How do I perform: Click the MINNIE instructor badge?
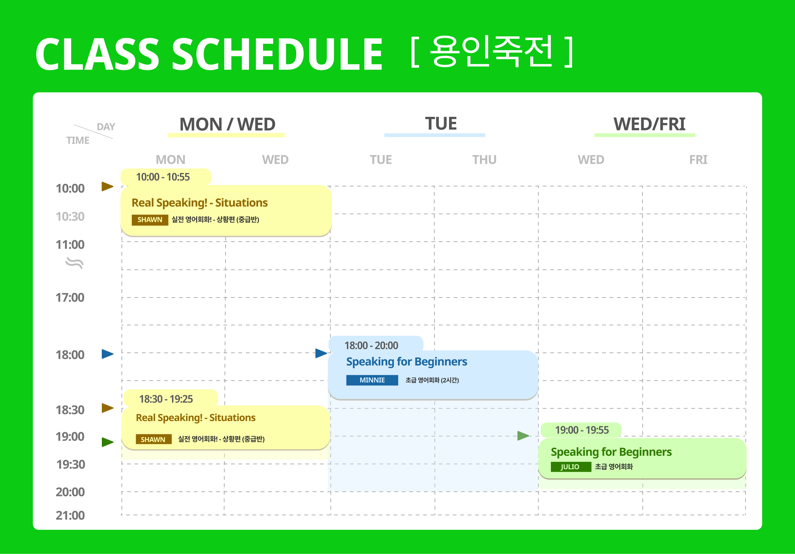point(372,380)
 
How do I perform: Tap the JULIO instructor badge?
point(571,466)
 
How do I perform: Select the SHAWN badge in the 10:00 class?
point(150,220)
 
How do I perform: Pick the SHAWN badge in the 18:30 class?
point(153,439)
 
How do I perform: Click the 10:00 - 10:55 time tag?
point(165,177)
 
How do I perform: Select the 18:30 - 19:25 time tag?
point(170,398)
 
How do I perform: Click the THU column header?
point(485,160)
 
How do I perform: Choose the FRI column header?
point(698,160)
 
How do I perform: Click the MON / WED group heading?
point(227,125)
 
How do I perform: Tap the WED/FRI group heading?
point(649,124)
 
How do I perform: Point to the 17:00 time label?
point(70,298)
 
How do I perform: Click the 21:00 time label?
point(70,515)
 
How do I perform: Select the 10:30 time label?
point(70,216)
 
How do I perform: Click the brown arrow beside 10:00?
point(107,187)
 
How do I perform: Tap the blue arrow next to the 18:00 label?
point(107,354)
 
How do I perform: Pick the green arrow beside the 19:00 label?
point(107,442)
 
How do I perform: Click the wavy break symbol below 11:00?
point(74,263)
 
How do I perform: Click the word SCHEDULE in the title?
point(277,54)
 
